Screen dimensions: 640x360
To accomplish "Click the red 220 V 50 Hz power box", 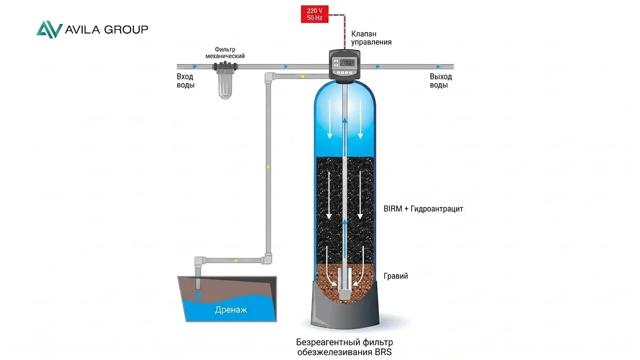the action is pos(315,14).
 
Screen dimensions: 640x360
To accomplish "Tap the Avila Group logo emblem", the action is pos(50,29).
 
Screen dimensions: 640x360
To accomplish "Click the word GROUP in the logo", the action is pos(126,29).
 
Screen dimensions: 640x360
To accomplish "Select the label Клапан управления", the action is pos(371,38).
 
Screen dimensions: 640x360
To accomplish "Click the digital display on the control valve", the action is pos(347,62).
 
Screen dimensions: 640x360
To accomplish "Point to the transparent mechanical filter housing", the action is pos(225,85).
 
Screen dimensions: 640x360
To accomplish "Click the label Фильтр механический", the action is pos(225,53).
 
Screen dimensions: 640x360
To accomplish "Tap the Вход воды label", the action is pos(186,81).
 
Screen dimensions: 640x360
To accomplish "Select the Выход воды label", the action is pos(441,81).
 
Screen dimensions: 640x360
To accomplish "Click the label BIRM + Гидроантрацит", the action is pos(423,209).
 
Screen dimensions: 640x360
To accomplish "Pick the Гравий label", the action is pos(396,276).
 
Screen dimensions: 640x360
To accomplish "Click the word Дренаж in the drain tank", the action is pos(231,310).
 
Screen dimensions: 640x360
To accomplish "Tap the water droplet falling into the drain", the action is pos(198,295).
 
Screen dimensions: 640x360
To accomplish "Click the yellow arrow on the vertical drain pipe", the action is pos(268,167).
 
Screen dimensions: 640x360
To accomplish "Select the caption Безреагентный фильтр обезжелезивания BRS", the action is pos(345,347).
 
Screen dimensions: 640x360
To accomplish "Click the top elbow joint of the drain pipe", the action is pos(269,77).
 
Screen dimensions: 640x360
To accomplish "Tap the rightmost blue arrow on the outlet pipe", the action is pos(438,67).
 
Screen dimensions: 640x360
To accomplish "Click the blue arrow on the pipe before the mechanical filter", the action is pos(195,67).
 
